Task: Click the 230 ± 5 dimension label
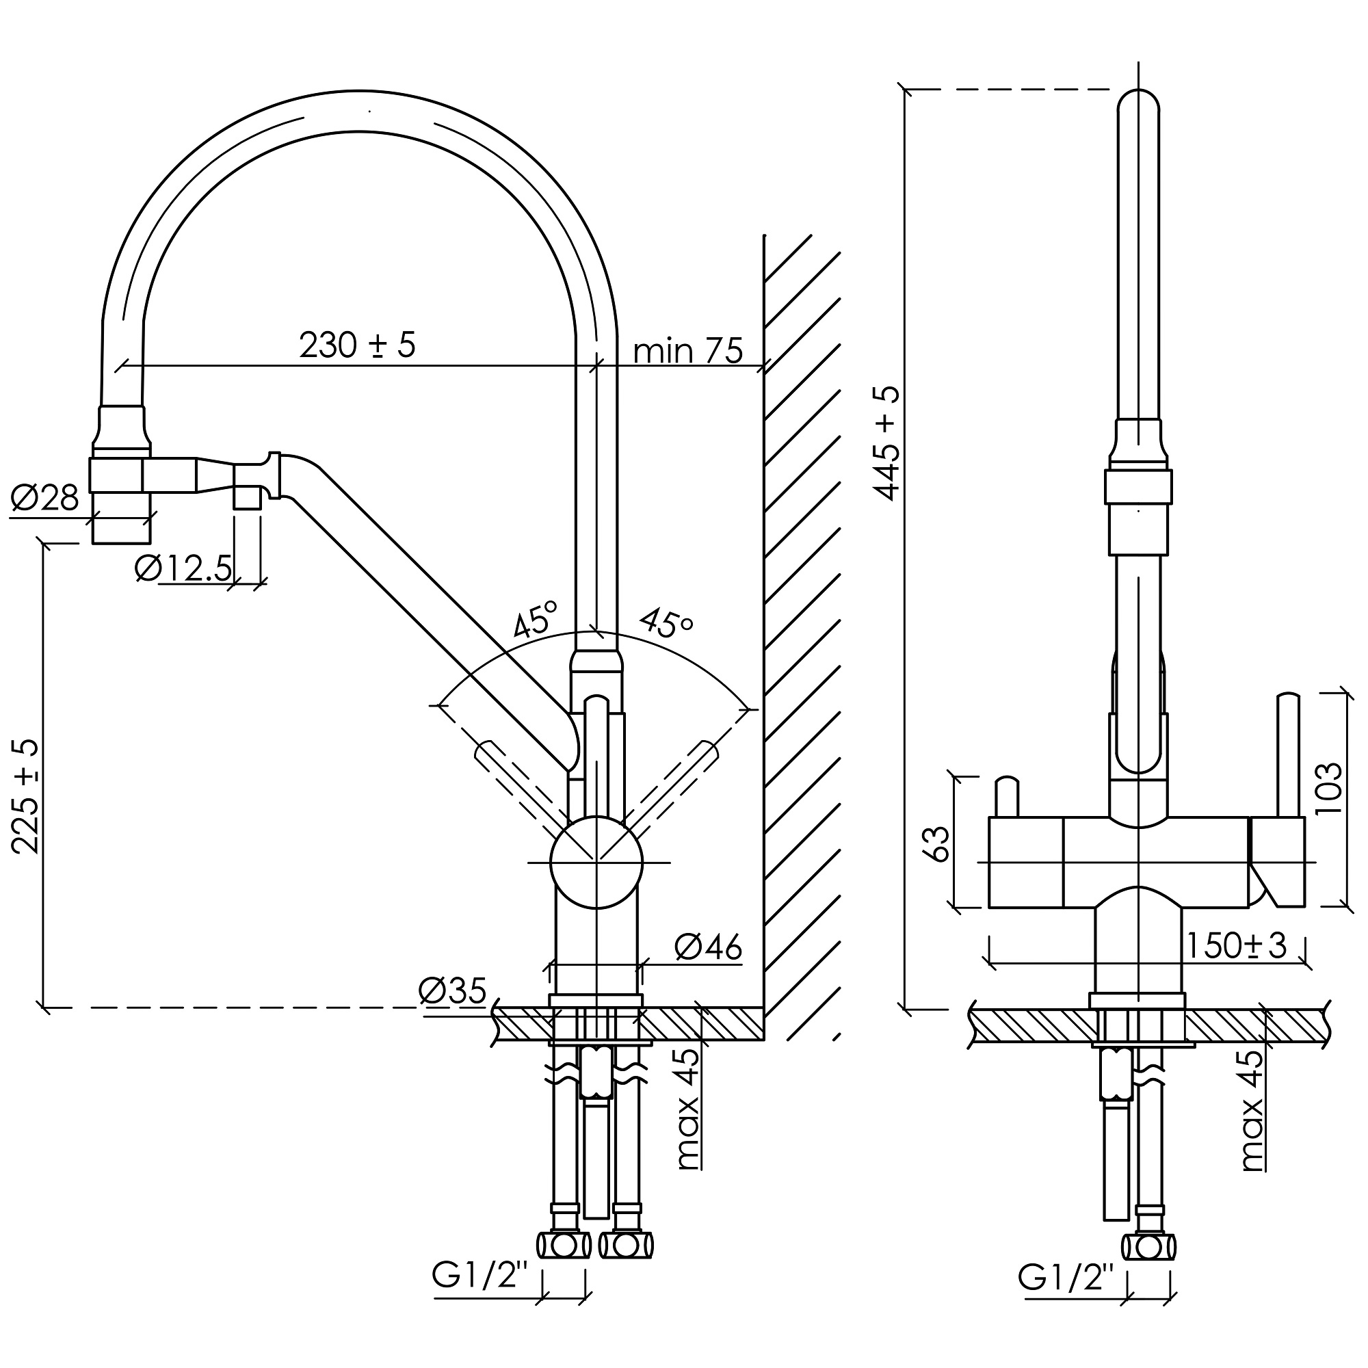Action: click(x=358, y=345)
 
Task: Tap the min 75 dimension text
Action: click(x=688, y=350)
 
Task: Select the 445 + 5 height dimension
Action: click(x=886, y=443)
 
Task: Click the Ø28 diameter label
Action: click(x=44, y=499)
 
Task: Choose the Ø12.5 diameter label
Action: click(x=183, y=568)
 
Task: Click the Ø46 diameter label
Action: click(x=708, y=947)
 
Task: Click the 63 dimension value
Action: click(x=938, y=843)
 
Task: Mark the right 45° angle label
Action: click(x=666, y=623)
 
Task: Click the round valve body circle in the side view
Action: click(x=596, y=862)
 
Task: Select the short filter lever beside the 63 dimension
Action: click(x=1006, y=798)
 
